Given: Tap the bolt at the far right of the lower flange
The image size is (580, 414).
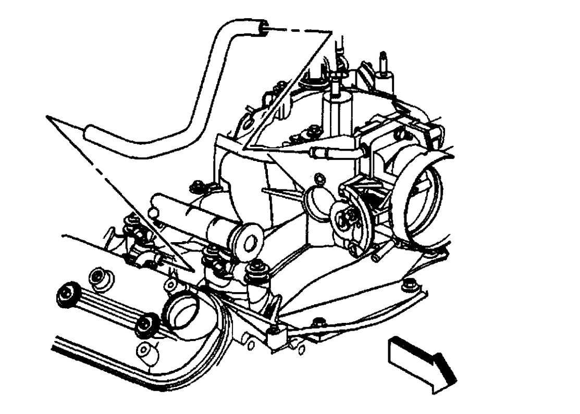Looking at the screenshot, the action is [x=406, y=284].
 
